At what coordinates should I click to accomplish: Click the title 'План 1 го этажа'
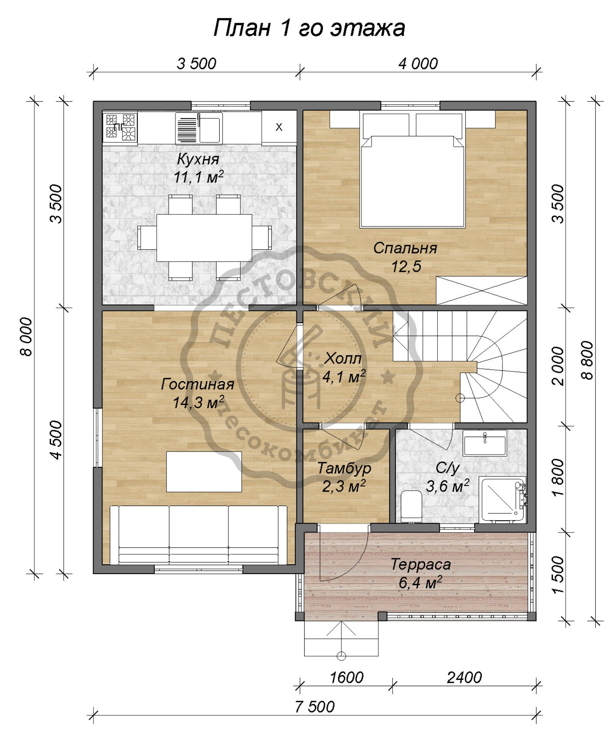(309, 28)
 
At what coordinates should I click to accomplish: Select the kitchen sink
(199, 128)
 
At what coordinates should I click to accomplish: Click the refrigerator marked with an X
(279, 127)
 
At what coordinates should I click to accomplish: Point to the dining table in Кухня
(204, 238)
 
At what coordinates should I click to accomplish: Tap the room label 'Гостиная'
(197, 384)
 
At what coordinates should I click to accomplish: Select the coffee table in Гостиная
(204, 472)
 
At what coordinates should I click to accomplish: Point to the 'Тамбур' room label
(344, 468)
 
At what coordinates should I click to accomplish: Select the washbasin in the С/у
(485, 443)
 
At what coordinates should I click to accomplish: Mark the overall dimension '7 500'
(314, 706)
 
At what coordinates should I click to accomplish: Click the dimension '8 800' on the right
(588, 360)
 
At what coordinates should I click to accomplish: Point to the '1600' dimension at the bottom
(346, 677)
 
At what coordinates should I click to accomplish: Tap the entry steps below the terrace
(341, 639)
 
